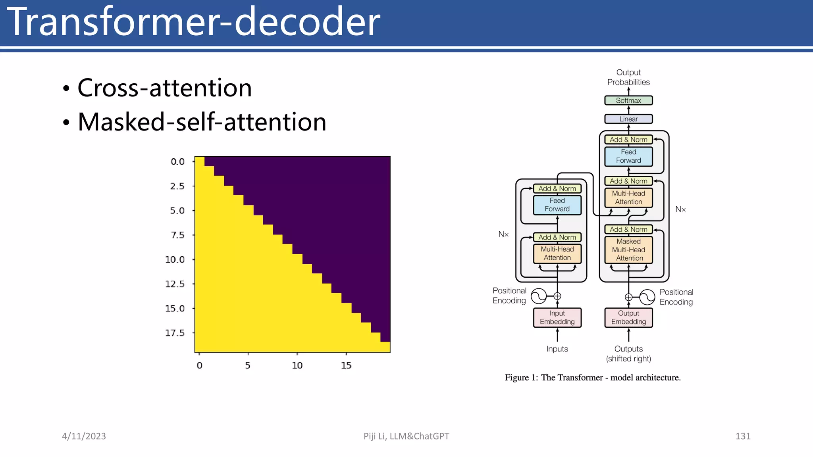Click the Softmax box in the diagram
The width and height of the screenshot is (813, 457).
click(x=628, y=100)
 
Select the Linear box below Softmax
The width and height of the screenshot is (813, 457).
click(x=628, y=119)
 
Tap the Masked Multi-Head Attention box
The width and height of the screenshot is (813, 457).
click(x=628, y=250)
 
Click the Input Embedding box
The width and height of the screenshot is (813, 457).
click(x=557, y=317)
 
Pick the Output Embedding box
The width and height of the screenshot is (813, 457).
click(x=628, y=317)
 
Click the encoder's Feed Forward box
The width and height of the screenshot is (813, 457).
click(x=557, y=205)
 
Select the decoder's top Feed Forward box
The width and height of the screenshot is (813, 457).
click(x=628, y=156)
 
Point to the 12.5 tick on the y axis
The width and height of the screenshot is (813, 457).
click(x=175, y=284)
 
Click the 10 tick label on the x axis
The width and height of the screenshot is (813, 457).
click(x=297, y=365)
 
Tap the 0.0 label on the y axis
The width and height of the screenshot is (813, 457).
click(x=177, y=161)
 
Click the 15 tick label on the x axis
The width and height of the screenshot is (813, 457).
click(x=346, y=365)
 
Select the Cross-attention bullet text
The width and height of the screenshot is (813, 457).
click(x=164, y=88)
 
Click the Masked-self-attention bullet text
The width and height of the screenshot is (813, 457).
click(x=202, y=122)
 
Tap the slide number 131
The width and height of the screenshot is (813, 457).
click(x=743, y=436)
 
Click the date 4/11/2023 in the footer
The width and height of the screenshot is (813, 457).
click(x=84, y=436)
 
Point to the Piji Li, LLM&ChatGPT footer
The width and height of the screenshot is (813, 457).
click(x=406, y=436)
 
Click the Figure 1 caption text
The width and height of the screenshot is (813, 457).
click(x=593, y=377)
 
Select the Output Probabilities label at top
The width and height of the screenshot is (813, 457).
click(x=628, y=77)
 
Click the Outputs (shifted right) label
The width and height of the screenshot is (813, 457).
click(x=628, y=353)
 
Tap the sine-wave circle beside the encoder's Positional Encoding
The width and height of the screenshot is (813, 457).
click(x=539, y=296)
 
